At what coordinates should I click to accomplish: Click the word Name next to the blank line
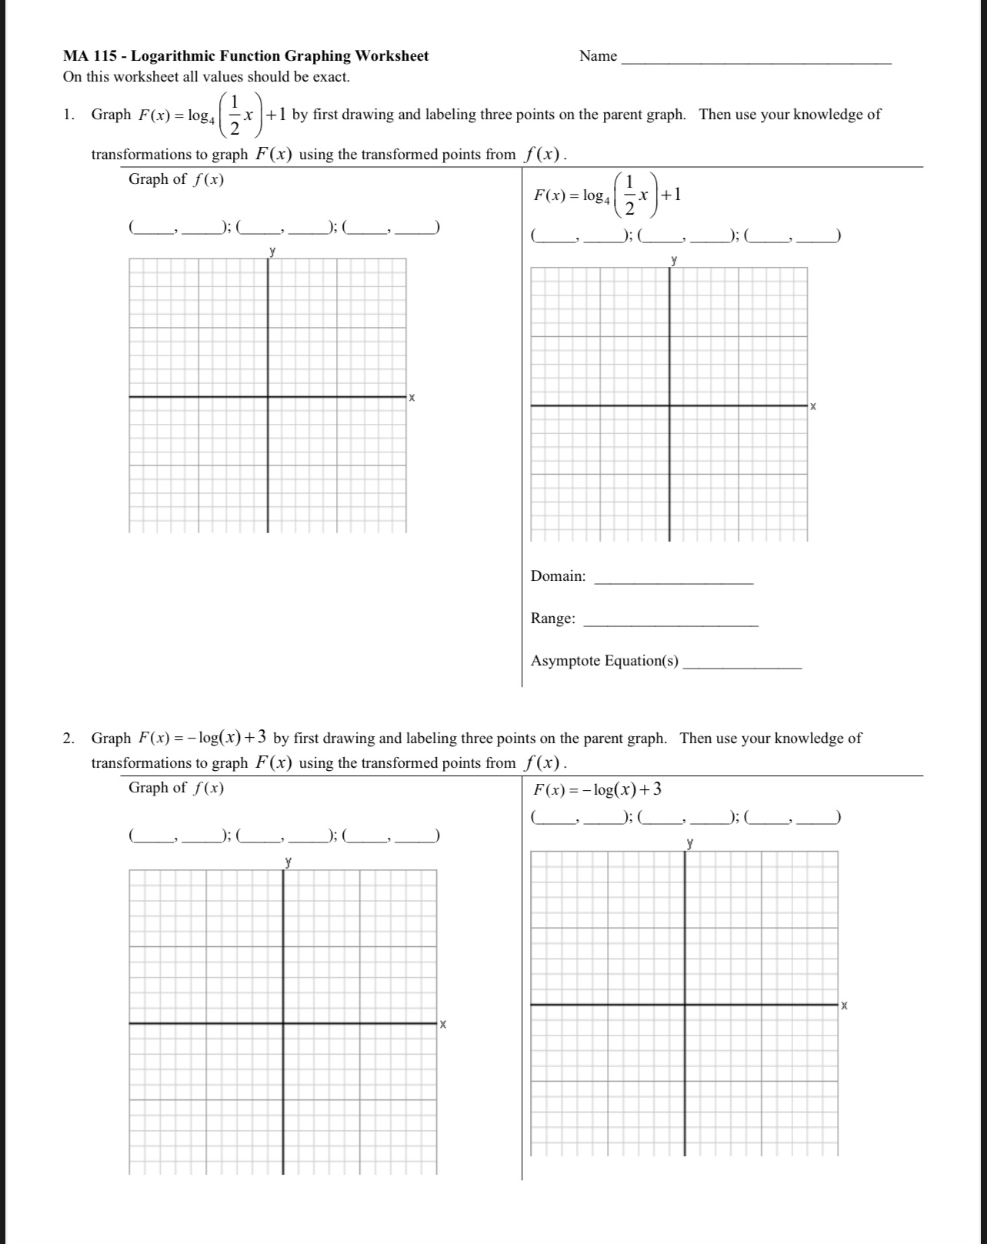pos(598,56)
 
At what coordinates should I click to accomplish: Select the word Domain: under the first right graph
pos(558,576)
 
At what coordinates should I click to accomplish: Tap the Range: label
pos(552,619)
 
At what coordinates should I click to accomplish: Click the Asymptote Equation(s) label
pos(605,661)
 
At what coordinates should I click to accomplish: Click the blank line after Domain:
pos(674,582)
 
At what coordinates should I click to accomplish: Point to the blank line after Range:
pos(672,625)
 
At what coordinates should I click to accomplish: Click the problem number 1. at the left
pos(69,115)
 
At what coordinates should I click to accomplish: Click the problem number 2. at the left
pos(69,739)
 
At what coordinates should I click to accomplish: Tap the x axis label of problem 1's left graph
pos(412,398)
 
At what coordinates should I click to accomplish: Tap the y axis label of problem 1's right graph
pos(674,260)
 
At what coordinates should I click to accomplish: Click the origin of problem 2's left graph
pos(283,1023)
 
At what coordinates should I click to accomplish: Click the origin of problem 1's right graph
pos(669,405)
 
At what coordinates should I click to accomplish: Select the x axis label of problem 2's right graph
pos(844,1005)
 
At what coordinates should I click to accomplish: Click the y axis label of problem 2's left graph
pos(288,861)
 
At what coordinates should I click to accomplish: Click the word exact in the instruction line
pos(330,77)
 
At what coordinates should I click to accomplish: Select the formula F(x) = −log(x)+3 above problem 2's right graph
pos(598,789)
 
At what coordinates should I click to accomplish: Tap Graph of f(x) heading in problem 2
pos(176,788)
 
